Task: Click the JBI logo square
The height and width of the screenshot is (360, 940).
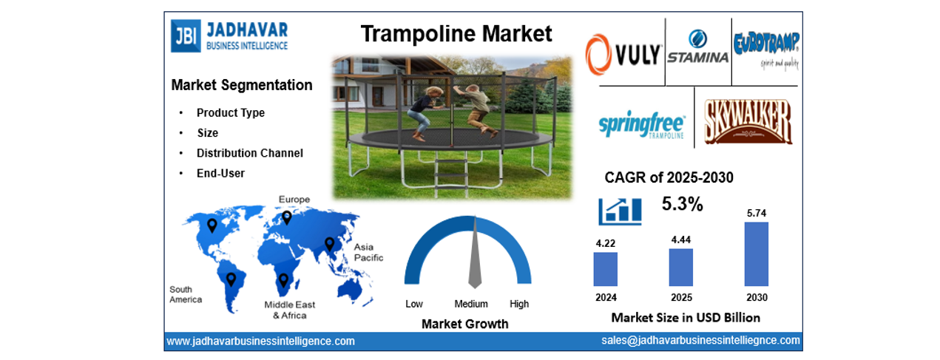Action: (185, 35)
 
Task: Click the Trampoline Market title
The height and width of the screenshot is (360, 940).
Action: (456, 33)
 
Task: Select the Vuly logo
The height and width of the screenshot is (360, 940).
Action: (623, 56)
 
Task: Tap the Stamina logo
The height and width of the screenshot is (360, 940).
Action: (697, 50)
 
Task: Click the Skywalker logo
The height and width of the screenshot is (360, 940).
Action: (747, 122)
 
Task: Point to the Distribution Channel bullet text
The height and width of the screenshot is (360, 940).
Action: (249, 153)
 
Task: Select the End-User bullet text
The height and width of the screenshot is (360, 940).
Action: (220, 173)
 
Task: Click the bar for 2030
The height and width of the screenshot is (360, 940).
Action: (756, 254)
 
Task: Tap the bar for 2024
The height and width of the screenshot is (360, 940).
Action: (605, 269)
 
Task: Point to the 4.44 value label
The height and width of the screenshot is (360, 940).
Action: (680, 240)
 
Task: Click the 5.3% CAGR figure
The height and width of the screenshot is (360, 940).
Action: (682, 204)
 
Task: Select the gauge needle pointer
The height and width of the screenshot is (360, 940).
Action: (475, 259)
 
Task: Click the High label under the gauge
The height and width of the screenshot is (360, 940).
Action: (519, 304)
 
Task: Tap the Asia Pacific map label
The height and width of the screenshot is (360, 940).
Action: (368, 252)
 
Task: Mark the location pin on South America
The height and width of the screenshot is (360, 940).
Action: (231, 279)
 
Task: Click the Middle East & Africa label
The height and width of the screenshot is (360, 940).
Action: (290, 310)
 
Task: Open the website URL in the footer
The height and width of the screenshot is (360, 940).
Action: (260, 341)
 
